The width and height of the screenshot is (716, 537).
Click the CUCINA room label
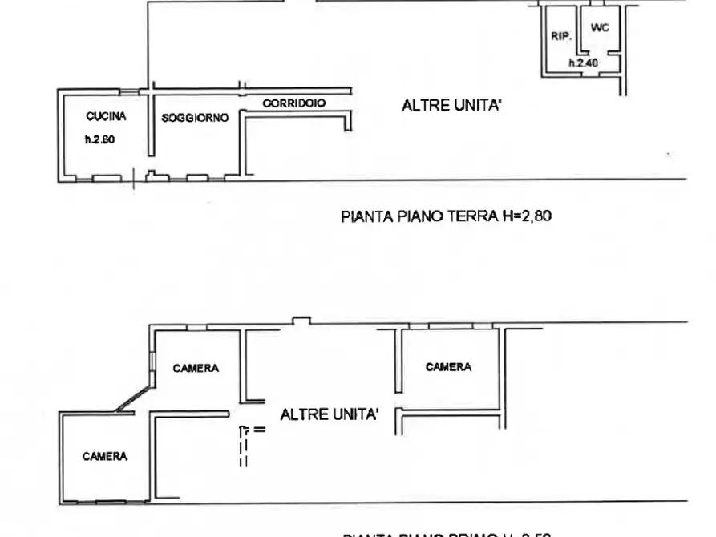pyautogui.click(x=106, y=116)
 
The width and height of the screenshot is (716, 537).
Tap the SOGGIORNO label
pyautogui.click(x=195, y=118)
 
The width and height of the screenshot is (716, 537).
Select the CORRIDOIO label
pyautogui.click(x=294, y=103)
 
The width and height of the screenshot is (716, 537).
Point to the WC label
pyautogui.click(x=599, y=28)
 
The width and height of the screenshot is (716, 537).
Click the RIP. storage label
pyautogui.click(x=560, y=36)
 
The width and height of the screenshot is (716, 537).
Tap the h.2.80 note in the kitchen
pyautogui.click(x=100, y=139)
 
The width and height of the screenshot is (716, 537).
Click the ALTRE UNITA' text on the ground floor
pyautogui.click(x=451, y=105)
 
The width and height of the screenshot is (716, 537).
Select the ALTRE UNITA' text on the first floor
pyautogui.click(x=330, y=414)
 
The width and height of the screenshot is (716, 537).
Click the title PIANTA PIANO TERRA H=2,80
pyautogui.click(x=447, y=216)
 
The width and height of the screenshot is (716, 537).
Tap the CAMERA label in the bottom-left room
pyautogui.click(x=105, y=456)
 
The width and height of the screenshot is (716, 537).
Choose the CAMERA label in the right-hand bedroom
pyautogui.click(x=448, y=367)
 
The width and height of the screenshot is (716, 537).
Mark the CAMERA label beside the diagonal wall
pyautogui.click(x=196, y=368)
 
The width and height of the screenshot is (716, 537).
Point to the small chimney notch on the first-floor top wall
pyautogui.click(x=301, y=321)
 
